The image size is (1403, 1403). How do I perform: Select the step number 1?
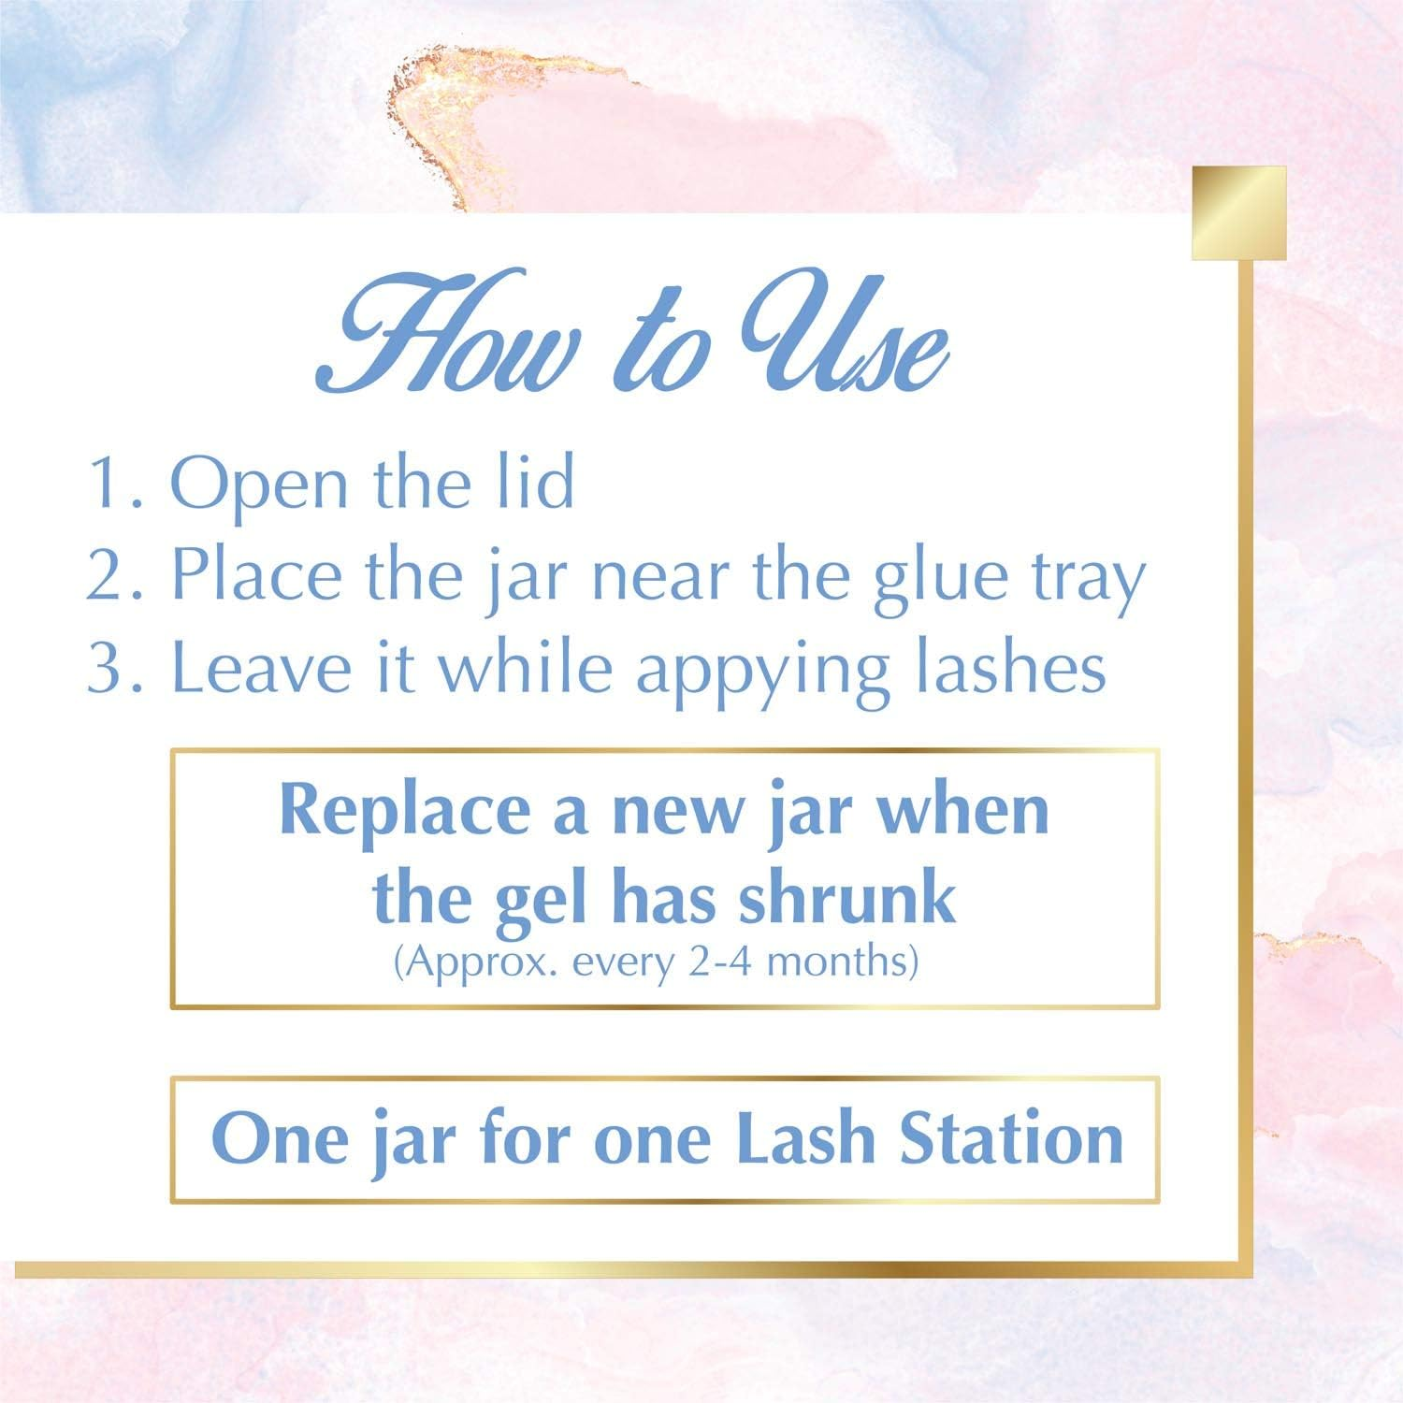click(x=109, y=484)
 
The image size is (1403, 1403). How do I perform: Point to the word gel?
click(x=551, y=900)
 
